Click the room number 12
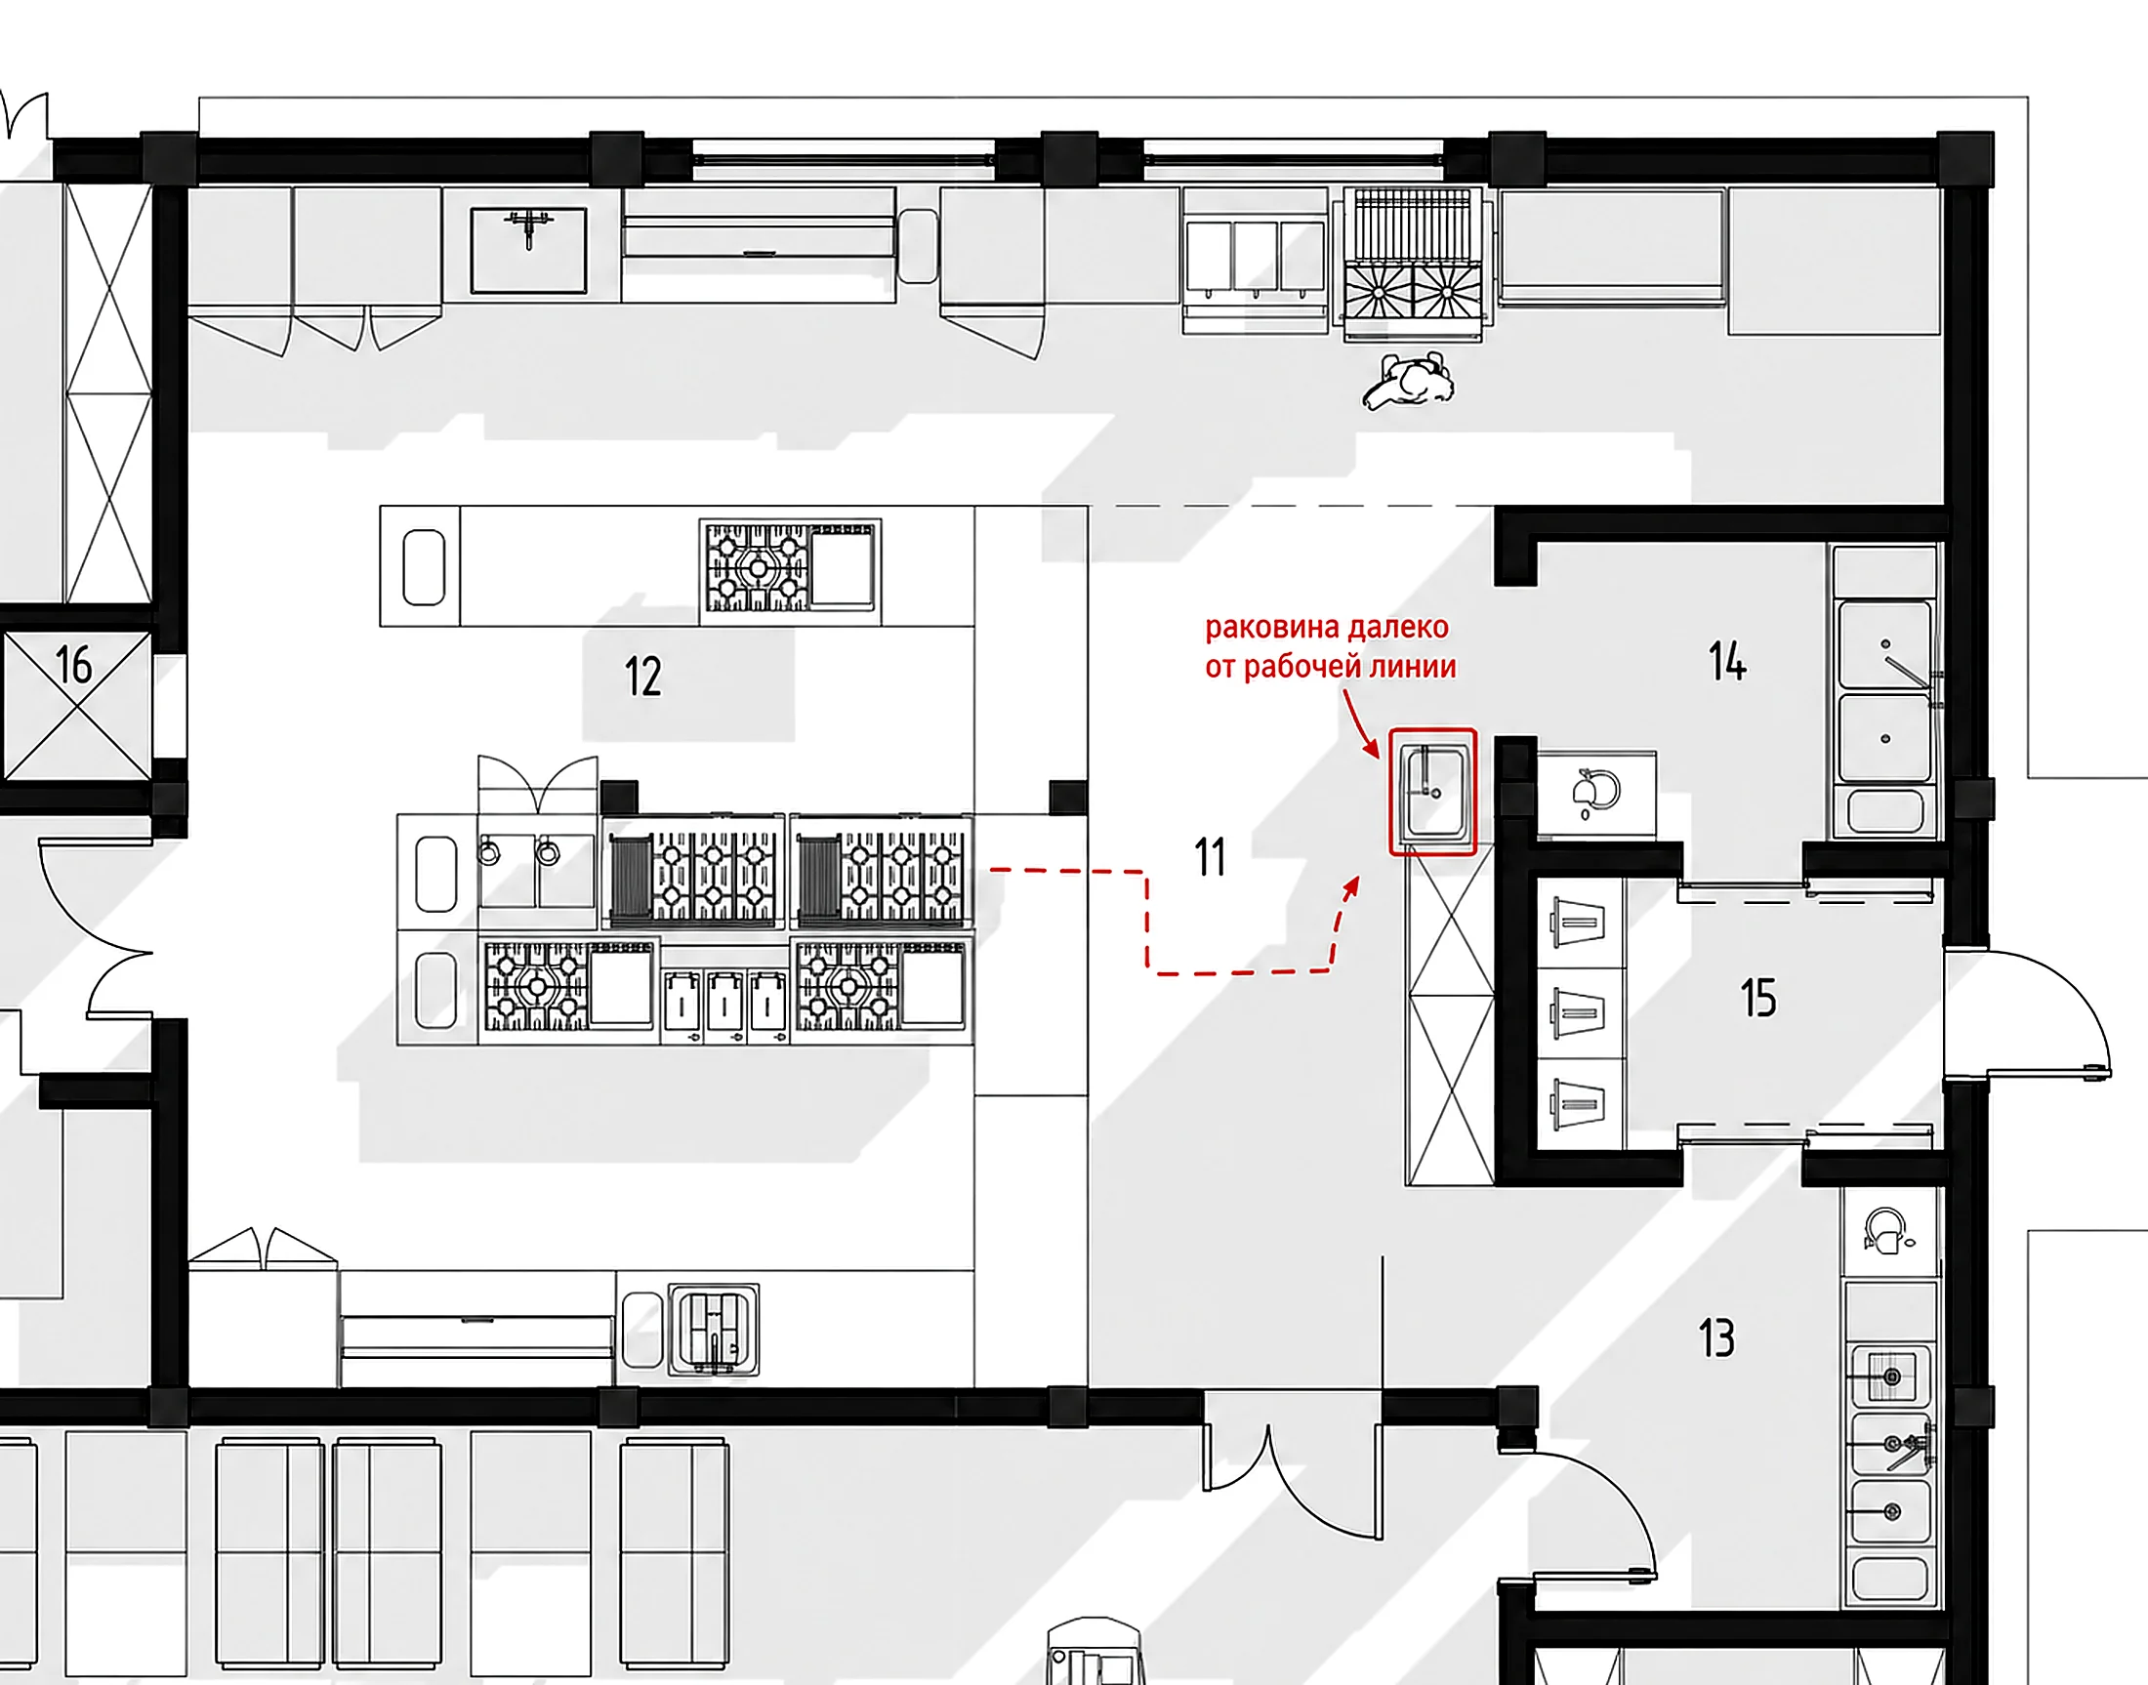pyautogui.click(x=642, y=677)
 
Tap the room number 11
pyautogui.click(x=1210, y=857)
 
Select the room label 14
pyautogui.click(x=1726, y=661)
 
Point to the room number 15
pyautogui.click(x=1757, y=998)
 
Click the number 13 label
pyautogui.click(x=1715, y=1338)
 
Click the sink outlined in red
pyautogui.click(x=1432, y=791)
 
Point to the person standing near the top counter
pyautogui.click(x=1409, y=381)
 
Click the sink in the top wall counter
pyautogui.click(x=529, y=250)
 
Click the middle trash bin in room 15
pyautogui.click(x=1579, y=1012)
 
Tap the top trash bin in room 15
pyautogui.click(x=1579, y=923)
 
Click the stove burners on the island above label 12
pyautogui.click(x=756, y=567)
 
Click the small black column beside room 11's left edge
pyautogui.click(x=1067, y=798)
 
